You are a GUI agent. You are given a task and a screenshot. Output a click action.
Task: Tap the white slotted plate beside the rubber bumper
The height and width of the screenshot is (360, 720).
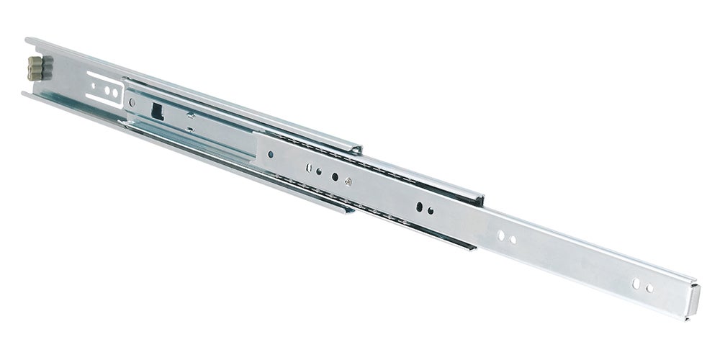[x=104, y=90]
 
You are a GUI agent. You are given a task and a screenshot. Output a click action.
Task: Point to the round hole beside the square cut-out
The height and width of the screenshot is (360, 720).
[x=132, y=103]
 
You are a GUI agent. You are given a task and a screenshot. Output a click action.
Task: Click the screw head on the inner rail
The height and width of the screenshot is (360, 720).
[x=347, y=182]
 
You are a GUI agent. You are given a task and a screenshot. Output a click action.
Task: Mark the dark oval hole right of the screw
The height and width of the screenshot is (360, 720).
[x=418, y=207]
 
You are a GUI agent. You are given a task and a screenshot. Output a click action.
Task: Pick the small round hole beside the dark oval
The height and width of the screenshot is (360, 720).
[x=431, y=211]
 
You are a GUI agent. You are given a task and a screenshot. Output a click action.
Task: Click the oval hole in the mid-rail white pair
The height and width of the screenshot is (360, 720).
[x=501, y=235]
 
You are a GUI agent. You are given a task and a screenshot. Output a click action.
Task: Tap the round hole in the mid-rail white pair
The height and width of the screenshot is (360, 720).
[x=513, y=239]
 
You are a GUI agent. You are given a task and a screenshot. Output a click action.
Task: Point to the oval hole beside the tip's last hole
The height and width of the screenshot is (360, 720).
[x=636, y=284]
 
